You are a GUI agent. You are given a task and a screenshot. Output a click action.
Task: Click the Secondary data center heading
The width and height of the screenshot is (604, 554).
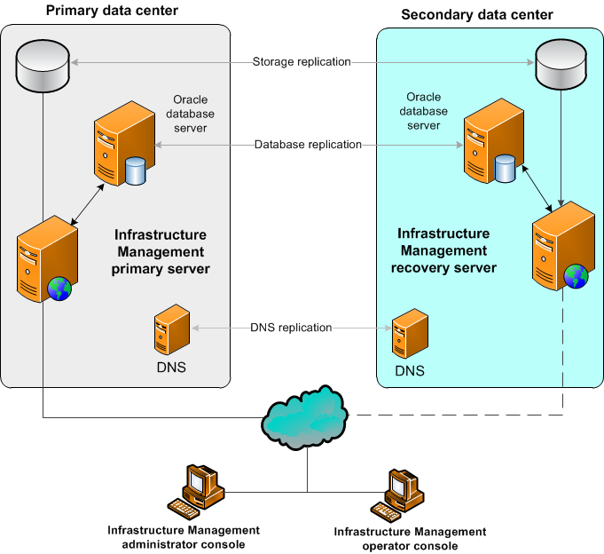click(477, 14)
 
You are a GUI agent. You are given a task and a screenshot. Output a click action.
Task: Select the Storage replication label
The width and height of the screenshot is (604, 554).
click(302, 62)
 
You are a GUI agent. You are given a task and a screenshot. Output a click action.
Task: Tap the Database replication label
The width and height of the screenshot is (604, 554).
click(308, 144)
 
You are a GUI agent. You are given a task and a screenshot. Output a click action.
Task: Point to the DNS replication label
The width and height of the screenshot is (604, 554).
click(292, 328)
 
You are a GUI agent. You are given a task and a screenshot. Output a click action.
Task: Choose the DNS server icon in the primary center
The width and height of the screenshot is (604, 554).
click(171, 331)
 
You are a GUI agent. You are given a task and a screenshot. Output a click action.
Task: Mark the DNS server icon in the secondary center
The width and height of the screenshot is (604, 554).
click(411, 335)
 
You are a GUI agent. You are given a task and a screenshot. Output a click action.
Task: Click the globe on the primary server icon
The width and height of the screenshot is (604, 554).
click(59, 289)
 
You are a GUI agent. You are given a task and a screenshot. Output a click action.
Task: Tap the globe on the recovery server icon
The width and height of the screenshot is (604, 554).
click(576, 276)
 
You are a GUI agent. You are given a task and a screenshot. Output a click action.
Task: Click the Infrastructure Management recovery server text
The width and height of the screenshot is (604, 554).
click(443, 250)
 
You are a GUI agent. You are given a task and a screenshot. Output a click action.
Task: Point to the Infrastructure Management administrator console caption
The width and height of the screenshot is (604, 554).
click(184, 536)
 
